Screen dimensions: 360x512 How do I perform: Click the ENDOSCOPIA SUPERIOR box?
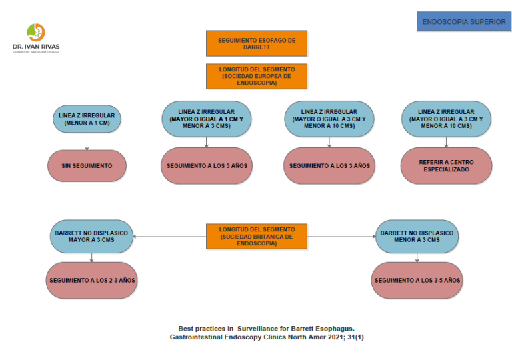[463, 21]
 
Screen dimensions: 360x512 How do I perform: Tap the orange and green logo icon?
[36, 32]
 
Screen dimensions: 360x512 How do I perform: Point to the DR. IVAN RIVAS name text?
[35, 47]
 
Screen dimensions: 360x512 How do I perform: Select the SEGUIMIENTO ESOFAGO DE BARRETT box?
[257, 43]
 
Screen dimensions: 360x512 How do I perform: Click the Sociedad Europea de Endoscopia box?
[257, 76]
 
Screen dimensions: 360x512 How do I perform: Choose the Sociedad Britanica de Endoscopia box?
[257, 236]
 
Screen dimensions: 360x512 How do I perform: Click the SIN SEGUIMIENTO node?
[87, 165]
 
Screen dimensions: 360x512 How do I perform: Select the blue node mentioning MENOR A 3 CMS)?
[207, 119]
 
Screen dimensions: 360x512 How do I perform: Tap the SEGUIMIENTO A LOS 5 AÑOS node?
[207, 165]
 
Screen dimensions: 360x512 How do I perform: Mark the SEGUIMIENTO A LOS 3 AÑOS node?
[329, 165]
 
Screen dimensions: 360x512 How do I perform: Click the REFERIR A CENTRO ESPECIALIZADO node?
[446, 165]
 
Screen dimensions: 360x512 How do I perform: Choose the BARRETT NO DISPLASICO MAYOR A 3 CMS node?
[92, 236]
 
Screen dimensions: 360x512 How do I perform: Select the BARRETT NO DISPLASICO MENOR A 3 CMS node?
[417, 236]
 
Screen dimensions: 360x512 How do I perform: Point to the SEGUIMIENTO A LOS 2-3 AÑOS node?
[92, 280]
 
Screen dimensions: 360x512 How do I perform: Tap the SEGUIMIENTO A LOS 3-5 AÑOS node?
[417, 280]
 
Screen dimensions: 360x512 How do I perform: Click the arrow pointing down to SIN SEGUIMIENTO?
[87, 141]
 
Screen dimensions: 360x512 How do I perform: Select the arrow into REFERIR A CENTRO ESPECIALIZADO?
[446, 141]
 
